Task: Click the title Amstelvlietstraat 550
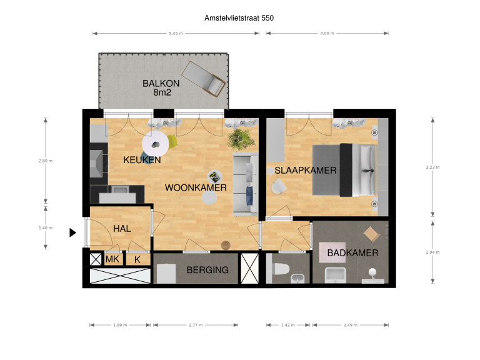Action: click(x=239, y=18)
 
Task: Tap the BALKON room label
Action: click(x=161, y=83)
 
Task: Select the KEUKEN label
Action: click(x=142, y=160)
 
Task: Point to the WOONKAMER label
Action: click(x=196, y=187)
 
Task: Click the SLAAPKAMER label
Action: click(x=306, y=171)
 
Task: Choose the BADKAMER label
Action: click(x=352, y=253)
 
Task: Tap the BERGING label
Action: click(x=207, y=271)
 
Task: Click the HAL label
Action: click(x=122, y=229)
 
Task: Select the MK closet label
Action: click(x=112, y=259)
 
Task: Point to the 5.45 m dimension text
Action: click(x=176, y=33)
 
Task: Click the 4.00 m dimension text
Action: click(x=327, y=33)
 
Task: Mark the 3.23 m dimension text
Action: click(x=432, y=167)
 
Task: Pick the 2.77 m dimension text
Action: click(x=196, y=325)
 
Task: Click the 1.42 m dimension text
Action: click(x=287, y=325)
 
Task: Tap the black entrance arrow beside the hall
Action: click(x=72, y=232)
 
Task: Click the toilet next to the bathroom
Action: click(x=280, y=269)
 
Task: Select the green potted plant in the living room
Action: click(x=239, y=138)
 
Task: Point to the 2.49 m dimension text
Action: click(x=350, y=325)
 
